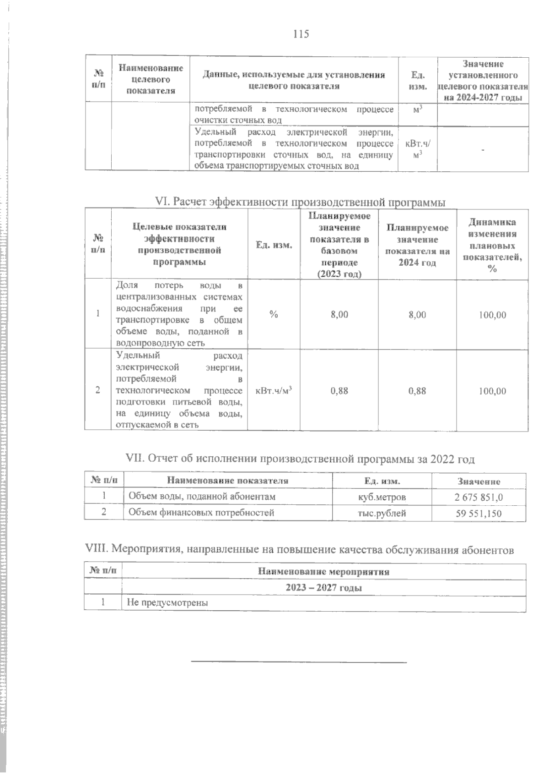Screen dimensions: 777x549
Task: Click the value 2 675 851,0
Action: [479, 497]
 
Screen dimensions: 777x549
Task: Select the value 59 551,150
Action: [479, 513]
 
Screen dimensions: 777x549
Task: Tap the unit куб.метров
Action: [382, 497]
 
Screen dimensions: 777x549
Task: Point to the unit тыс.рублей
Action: [382, 513]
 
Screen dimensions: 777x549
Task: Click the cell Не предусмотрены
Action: [167, 602]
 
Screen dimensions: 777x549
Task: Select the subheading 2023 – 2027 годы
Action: [323, 588]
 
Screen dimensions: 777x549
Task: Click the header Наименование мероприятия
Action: [323, 572]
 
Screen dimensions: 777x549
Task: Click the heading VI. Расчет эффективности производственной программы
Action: [300, 202]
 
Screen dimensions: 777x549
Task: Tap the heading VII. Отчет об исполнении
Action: [300, 459]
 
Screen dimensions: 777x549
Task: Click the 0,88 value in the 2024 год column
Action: [417, 391]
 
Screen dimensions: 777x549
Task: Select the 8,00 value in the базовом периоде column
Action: [339, 315]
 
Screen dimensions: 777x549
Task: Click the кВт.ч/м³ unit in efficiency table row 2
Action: [274, 391]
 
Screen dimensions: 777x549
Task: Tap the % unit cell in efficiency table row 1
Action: [274, 315]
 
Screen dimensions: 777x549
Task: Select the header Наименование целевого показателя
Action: [151, 79]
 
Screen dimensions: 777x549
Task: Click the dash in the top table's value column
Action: [483, 149]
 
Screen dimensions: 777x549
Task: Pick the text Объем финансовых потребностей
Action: [201, 513]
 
